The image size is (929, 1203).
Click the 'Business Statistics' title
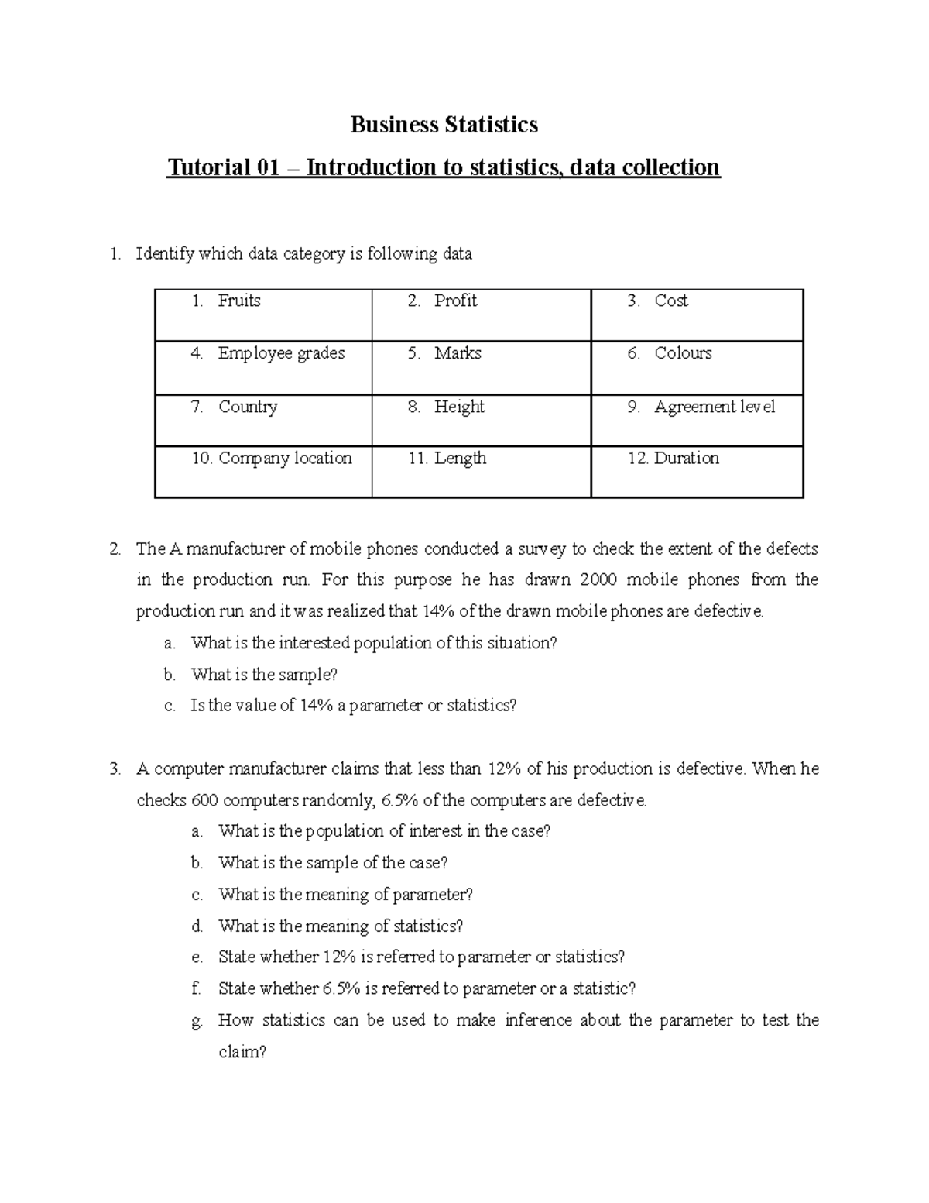(x=444, y=125)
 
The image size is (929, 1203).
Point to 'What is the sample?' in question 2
(x=264, y=675)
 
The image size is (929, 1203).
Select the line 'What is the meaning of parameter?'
(x=345, y=895)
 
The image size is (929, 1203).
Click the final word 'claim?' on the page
(x=242, y=1052)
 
